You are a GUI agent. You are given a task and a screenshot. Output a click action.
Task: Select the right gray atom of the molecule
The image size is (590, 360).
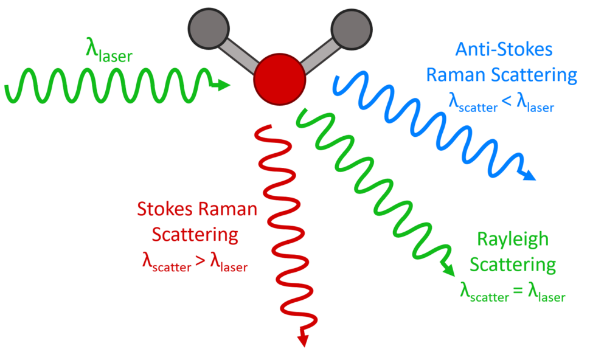(x=349, y=27)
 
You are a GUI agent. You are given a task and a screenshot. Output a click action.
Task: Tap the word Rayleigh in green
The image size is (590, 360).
(x=513, y=239)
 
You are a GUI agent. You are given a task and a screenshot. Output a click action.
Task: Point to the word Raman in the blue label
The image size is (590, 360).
(x=452, y=75)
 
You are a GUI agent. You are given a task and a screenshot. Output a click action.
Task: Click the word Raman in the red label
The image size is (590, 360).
(x=230, y=210)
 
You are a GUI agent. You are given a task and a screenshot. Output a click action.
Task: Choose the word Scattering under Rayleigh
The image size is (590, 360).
(x=513, y=265)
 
